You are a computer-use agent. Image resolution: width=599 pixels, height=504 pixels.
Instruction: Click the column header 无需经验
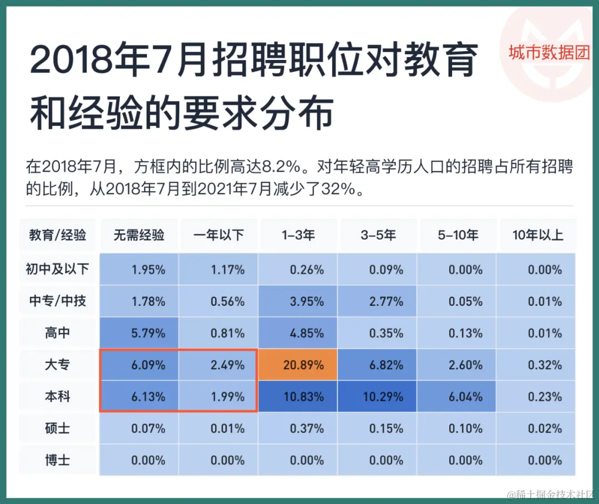(x=139, y=235)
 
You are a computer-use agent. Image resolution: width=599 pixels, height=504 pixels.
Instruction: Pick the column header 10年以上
(x=537, y=235)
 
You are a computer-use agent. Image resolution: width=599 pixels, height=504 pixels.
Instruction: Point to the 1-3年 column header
(x=298, y=235)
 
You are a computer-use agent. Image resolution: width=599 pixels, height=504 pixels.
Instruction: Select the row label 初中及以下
(x=58, y=270)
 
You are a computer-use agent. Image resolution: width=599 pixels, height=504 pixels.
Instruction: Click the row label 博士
(x=58, y=460)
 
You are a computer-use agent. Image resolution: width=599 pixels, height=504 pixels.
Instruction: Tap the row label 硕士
(x=58, y=429)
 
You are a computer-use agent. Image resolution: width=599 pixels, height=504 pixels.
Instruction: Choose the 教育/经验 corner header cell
(x=58, y=235)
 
